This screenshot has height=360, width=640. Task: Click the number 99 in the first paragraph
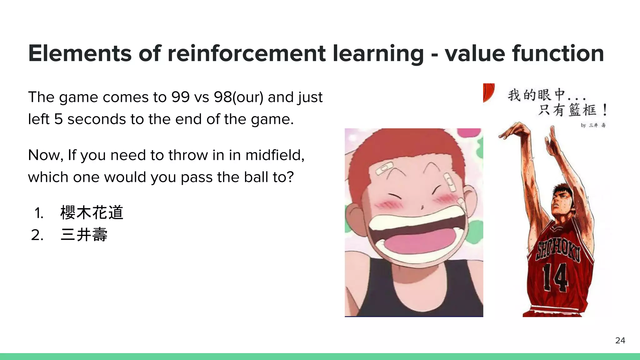180,97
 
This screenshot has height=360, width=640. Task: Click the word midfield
275,155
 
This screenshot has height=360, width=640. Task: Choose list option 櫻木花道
92,213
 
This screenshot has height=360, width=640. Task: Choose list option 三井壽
84,235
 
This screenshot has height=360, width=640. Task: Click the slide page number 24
620,341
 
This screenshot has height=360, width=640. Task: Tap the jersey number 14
555,277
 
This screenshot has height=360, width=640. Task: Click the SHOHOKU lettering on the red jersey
558,251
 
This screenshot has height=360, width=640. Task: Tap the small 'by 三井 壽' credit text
593,125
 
